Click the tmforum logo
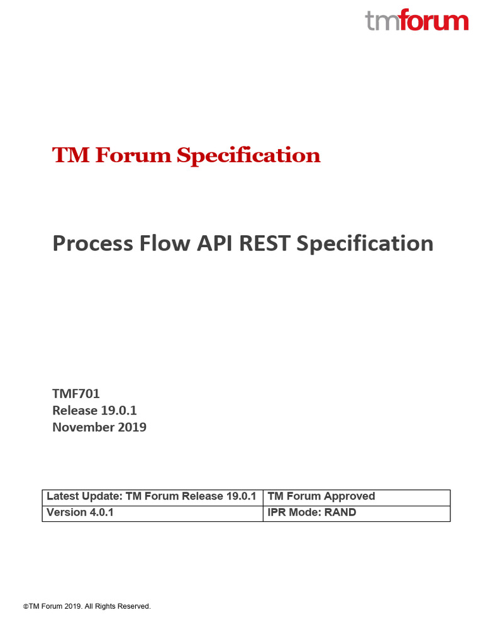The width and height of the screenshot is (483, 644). pos(416,21)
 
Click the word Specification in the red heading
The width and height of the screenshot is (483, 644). pos(248,155)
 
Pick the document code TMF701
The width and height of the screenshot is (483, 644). pos(76,394)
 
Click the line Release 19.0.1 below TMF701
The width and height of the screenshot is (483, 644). pos(94,411)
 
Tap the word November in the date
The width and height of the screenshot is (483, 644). pos(84,427)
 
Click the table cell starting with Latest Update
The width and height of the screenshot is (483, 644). pos(152,497)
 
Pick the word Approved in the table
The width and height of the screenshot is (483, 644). pos(349,497)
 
